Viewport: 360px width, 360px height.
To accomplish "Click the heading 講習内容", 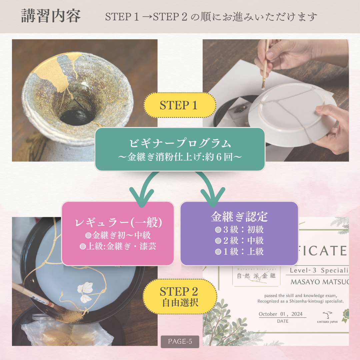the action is (x=51, y=16).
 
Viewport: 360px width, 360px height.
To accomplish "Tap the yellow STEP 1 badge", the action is (x=180, y=105).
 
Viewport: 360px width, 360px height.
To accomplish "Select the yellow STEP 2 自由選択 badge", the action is (x=180, y=297).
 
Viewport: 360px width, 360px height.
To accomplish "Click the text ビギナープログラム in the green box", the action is (x=180, y=143).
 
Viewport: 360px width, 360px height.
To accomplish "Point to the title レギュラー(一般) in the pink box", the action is (x=118, y=222).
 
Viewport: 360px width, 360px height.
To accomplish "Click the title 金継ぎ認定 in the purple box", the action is (x=239, y=217).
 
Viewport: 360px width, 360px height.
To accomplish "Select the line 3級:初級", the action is (x=239, y=229).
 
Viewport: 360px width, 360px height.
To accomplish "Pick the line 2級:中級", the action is (x=239, y=240).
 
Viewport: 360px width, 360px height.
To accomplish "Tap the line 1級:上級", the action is (x=239, y=251).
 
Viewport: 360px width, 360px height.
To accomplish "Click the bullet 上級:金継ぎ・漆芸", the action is (x=118, y=246).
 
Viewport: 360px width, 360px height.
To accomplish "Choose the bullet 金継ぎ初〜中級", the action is (x=118, y=235).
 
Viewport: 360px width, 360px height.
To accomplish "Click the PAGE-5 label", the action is (x=180, y=341).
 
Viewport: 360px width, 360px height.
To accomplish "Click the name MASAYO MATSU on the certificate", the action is (x=320, y=282).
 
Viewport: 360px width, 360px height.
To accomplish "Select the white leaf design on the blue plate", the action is (x=85, y=292).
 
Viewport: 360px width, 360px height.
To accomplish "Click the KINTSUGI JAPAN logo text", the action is (x=327, y=322).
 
